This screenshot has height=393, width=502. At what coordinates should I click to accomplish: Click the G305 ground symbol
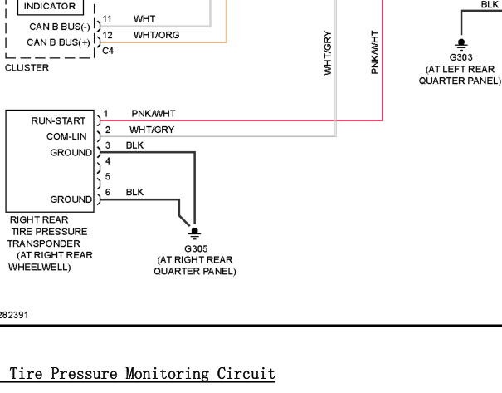(x=194, y=233)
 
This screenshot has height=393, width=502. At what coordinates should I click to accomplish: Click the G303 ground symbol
(x=461, y=45)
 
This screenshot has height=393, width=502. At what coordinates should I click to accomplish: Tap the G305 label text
(x=196, y=248)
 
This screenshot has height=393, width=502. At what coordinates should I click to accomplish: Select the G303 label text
(x=461, y=57)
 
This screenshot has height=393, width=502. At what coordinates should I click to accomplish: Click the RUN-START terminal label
(x=58, y=120)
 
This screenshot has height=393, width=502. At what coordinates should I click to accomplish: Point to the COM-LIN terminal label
(x=66, y=136)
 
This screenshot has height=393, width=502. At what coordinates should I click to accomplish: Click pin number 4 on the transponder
(x=108, y=161)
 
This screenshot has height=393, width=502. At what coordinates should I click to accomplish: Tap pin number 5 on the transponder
(x=108, y=176)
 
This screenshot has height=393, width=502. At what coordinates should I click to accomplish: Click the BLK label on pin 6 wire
(x=134, y=192)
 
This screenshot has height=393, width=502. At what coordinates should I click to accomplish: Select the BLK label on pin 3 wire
(x=134, y=145)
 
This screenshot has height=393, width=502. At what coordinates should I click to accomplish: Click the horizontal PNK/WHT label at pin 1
(x=154, y=114)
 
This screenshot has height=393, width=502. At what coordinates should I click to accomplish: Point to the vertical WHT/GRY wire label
(x=328, y=53)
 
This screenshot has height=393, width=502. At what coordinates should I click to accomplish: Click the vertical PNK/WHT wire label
(x=375, y=52)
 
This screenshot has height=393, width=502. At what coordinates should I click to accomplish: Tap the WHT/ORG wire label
(x=157, y=35)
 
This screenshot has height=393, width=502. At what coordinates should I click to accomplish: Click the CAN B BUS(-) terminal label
(x=60, y=27)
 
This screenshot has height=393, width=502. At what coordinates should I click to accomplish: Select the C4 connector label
(x=108, y=51)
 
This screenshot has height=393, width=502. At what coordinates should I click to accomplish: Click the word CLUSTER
(x=27, y=68)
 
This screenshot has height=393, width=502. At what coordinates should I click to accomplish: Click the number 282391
(x=14, y=315)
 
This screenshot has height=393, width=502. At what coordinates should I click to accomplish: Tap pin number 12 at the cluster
(x=108, y=35)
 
